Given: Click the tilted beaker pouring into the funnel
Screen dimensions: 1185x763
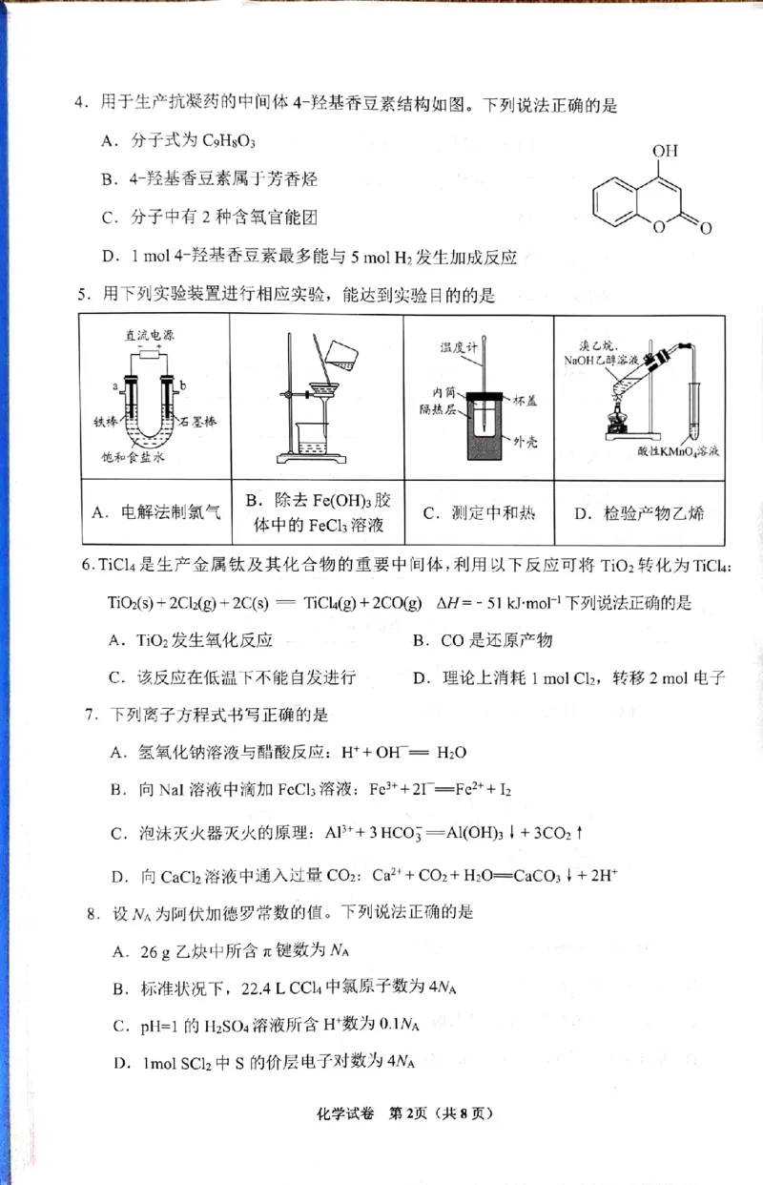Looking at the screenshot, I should (341, 354).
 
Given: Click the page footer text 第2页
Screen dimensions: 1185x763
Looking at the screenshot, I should (411, 1139).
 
